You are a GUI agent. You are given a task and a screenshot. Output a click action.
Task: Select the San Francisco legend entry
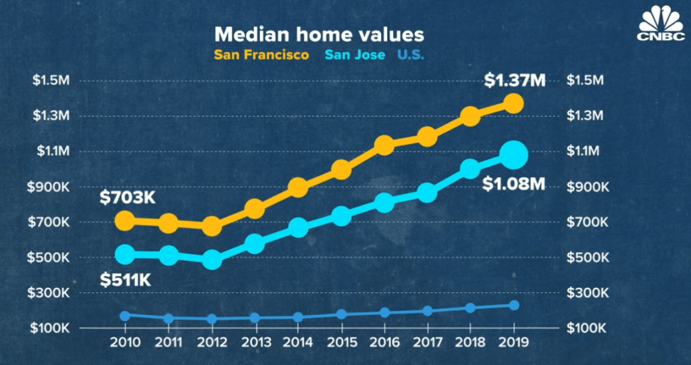point(262,55)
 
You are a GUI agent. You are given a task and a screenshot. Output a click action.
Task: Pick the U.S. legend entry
point(411,55)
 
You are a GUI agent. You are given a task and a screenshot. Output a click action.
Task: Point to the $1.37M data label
point(514,80)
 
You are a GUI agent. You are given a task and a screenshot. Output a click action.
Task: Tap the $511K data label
point(126,279)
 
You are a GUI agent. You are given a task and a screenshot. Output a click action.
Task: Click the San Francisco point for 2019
point(513,103)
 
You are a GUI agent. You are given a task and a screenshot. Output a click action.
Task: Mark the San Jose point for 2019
point(513,155)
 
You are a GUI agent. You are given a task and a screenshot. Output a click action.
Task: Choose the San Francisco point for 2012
point(212,226)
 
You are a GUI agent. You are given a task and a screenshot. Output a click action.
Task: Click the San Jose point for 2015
point(341,216)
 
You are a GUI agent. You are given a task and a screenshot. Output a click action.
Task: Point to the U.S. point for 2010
point(125,316)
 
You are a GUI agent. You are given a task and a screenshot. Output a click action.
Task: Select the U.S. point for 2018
point(470,308)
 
